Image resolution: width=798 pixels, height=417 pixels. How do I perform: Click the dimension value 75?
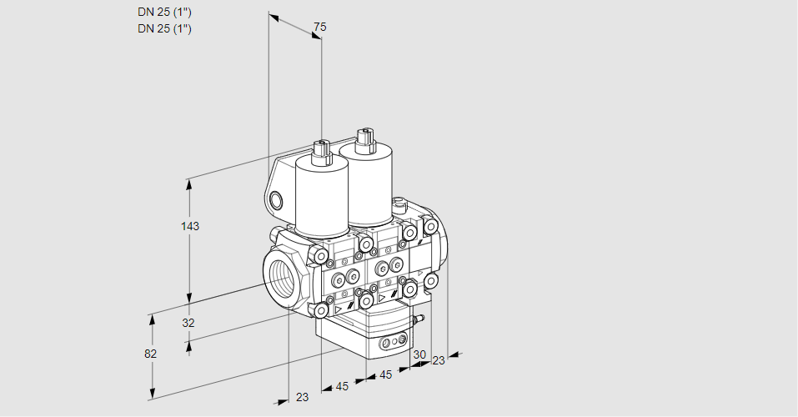[319, 27]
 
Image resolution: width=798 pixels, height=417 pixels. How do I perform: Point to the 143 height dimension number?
[190, 226]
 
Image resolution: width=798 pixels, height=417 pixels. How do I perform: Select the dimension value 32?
[188, 323]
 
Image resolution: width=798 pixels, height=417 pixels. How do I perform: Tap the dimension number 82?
[150, 354]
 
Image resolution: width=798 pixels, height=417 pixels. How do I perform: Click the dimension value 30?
[419, 354]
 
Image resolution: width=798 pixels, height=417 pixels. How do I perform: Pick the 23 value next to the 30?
[438, 361]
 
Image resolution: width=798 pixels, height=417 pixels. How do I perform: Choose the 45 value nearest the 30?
[386, 374]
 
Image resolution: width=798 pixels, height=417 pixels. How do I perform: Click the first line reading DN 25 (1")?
[164, 13]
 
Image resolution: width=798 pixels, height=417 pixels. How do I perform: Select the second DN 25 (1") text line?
[164, 28]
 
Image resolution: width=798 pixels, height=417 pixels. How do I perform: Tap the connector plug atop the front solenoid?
[322, 152]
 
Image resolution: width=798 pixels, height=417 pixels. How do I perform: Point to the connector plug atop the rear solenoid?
[365, 140]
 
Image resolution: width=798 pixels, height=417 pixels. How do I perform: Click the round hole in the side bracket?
[276, 201]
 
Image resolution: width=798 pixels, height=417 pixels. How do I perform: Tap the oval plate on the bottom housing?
[394, 342]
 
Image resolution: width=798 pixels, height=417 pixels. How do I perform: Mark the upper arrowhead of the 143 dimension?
[189, 183]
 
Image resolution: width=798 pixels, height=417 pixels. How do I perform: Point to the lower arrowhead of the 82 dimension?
[151, 394]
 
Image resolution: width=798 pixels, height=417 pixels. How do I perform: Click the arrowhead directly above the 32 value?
[189, 296]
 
